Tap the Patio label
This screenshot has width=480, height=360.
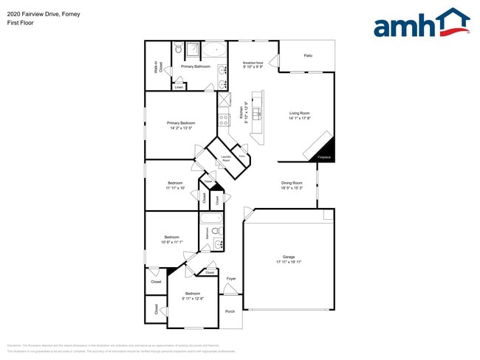pos(307,55)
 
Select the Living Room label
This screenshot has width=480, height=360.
pos(299,113)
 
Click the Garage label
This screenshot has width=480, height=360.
pos(289,257)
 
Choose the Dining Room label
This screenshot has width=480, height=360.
pos(292,183)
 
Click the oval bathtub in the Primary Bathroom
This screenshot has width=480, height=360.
pos(215,51)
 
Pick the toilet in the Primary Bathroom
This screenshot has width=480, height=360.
pos(179,50)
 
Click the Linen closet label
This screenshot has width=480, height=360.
pos(179,87)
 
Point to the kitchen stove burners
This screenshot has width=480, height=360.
pos(224,120)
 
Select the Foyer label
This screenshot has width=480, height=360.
pos(230,279)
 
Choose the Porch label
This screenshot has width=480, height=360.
pos(230,311)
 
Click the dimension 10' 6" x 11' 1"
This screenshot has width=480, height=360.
pos(171,243)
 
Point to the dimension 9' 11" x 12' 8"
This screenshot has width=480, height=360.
pos(192,298)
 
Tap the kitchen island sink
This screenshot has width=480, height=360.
pos(257,114)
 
